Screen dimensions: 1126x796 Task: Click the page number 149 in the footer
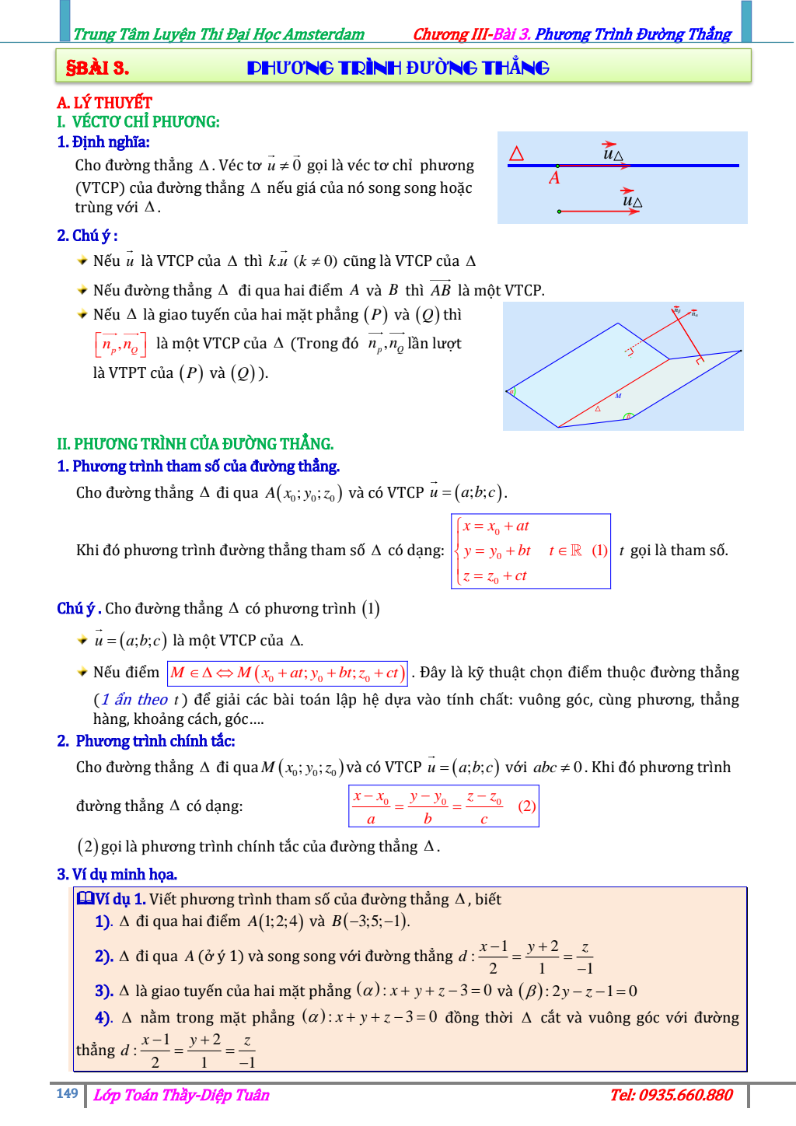pyautogui.click(x=67, y=1093)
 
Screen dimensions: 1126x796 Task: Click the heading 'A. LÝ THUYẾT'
pyautogui.click(x=104, y=103)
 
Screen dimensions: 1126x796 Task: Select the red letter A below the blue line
pyautogui.click(x=554, y=178)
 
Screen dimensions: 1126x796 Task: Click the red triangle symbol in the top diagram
pyautogui.click(x=516, y=153)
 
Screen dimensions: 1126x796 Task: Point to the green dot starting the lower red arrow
pyautogui.click(x=559, y=212)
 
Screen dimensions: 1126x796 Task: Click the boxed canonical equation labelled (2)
pyautogui.click(x=443, y=806)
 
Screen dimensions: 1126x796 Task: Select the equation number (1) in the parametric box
pyautogui.click(x=599, y=551)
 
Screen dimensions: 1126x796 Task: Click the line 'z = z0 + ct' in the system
pyautogui.click(x=495, y=576)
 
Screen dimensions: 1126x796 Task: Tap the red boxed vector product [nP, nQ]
pyautogui.click(x=120, y=344)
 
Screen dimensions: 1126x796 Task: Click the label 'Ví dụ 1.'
pyautogui.click(x=112, y=899)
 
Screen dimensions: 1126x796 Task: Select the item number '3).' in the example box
pyautogui.click(x=104, y=991)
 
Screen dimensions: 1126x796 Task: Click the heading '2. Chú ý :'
pyautogui.click(x=87, y=236)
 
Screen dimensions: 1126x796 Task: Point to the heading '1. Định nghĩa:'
pyautogui.click(x=103, y=142)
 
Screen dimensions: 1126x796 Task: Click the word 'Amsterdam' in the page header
pyautogui.click(x=324, y=34)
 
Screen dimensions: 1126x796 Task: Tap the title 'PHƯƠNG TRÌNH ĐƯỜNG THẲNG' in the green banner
pyautogui.click(x=398, y=68)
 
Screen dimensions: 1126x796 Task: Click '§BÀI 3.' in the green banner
pyautogui.click(x=97, y=68)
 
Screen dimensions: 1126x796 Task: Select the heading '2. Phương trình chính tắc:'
pyautogui.click(x=146, y=741)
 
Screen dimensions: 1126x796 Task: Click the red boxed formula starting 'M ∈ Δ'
pyautogui.click(x=287, y=673)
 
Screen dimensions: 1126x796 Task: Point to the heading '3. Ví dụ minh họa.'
pyautogui.click(x=117, y=874)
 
